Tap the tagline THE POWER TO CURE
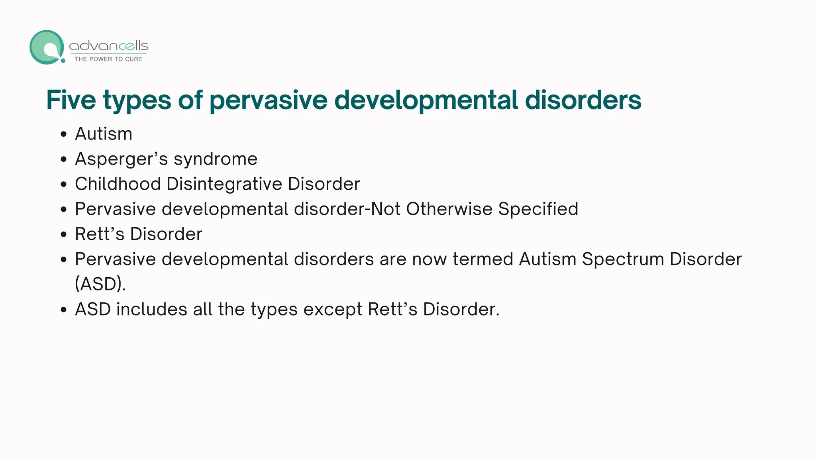coord(108,59)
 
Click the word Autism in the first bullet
coord(104,134)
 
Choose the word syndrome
coord(216,159)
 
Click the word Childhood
coord(118,184)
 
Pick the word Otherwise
coord(449,209)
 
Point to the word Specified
coord(538,209)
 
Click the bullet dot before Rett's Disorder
coord(64,234)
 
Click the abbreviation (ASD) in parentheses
coord(100,284)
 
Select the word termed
coord(483,259)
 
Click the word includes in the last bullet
coord(152,310)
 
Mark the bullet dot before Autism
coord(64,134)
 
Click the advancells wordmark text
coord(108,46)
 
